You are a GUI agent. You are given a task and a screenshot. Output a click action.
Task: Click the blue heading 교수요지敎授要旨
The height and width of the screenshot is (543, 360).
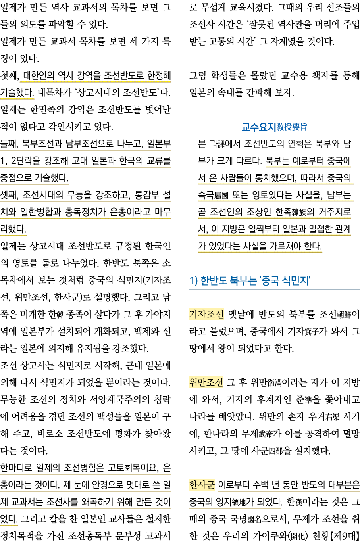pyautogui.click(x=274, y=127)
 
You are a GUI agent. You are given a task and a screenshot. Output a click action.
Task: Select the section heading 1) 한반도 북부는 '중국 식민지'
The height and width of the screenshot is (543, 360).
pyautogui.click(x=250, y=281)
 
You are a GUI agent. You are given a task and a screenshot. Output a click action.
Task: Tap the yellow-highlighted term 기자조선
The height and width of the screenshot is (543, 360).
pyautogui.click(x=206, y=314)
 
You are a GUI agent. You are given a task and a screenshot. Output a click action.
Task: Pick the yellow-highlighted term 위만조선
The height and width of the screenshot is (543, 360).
pyautogui.click(x=206, y=382)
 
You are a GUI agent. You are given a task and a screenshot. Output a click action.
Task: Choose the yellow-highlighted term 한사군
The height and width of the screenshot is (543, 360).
pyautogui.click(x=202, y=485)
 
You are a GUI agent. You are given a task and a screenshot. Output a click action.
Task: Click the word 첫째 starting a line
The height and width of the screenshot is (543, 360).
pyautogui.click(x=10, y=75)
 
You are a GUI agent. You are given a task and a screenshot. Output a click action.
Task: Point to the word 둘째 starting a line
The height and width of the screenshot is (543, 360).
pyautogui.click(x=10, y=144)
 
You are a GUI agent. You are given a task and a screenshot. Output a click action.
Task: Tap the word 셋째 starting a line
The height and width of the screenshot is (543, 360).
pyautogui.click(x=10, y=195)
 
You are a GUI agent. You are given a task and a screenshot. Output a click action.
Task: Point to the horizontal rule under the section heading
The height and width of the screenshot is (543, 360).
pyautogui.click(x=274, y=290)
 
